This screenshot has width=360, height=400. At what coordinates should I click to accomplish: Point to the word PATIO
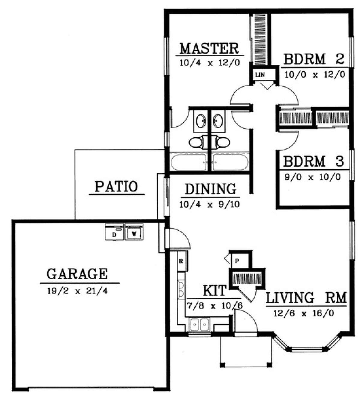(116, 186)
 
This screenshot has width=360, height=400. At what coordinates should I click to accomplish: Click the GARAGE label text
(77, 274)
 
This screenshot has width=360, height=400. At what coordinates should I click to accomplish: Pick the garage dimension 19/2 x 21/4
(77, 291)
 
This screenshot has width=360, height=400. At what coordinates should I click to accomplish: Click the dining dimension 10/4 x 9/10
(210, 204)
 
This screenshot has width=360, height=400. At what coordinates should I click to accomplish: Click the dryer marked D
(114, 232)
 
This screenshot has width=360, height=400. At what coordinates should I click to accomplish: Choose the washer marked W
(134, 232)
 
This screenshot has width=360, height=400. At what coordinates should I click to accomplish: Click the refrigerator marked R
(182, 261)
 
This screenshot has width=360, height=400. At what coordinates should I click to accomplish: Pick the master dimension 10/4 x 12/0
(210, 63)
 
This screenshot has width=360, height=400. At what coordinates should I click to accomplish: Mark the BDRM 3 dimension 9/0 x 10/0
(313, 177)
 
